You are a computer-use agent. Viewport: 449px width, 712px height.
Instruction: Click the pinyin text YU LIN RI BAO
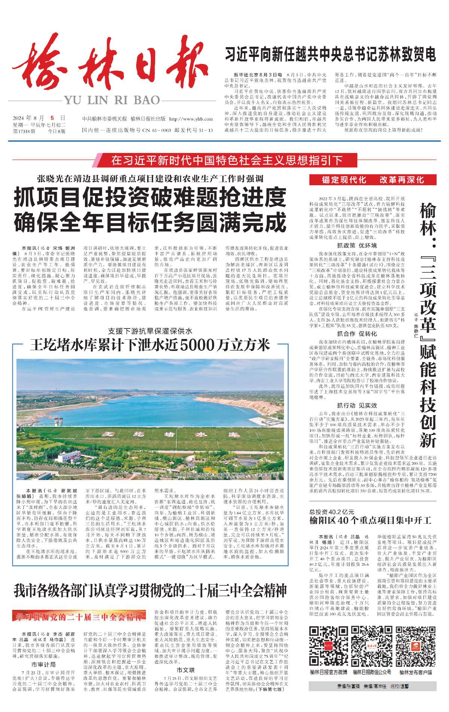tap(112, 100)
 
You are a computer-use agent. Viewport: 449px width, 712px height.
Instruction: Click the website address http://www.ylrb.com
tap(191, 119)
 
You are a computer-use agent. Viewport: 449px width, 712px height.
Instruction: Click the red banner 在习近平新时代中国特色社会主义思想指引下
tap(226, 161)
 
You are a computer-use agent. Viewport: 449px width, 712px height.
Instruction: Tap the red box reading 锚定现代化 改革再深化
tap(373, 180)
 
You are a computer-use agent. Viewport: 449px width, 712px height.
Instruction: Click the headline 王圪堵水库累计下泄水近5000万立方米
tap(150, 345)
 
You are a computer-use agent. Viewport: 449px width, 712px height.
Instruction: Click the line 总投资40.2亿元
tap(332, 512)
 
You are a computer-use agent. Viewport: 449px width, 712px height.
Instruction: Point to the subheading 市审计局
tap(44, 664)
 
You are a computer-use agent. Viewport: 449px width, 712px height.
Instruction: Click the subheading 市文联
tap(186, 670)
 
